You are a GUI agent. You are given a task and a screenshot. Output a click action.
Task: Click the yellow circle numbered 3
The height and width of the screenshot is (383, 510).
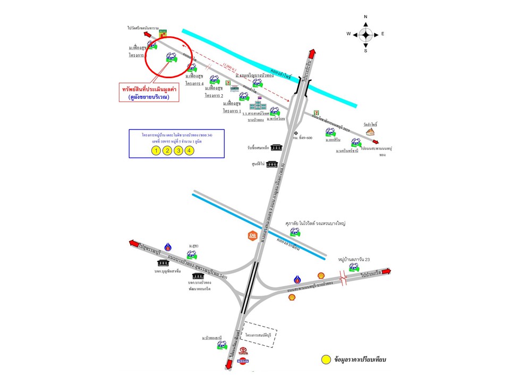coord(178,151)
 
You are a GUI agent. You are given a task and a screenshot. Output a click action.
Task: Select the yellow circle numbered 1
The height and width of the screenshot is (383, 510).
coord(155,151)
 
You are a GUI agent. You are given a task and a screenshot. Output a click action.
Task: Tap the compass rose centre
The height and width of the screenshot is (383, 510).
coord(365,34)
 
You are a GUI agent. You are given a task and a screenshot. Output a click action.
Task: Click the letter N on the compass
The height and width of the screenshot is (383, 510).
coord(365,17)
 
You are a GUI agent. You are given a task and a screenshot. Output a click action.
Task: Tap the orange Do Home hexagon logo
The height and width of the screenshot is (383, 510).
coord(253,236)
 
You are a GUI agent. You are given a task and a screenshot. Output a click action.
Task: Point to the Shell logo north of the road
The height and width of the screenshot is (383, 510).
coord(320,275)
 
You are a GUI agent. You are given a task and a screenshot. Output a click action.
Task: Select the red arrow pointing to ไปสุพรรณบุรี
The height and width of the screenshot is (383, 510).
coord(133,243)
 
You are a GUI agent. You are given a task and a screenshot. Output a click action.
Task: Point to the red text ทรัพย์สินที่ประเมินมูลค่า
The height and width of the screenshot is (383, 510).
coord(148,90)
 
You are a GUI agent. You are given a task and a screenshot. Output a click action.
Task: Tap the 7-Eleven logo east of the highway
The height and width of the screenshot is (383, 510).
coord(317,113)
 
